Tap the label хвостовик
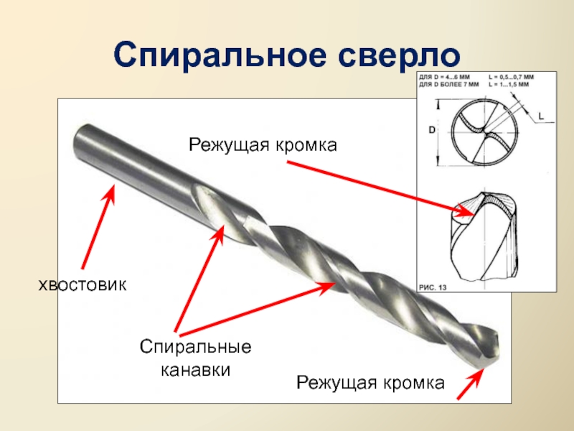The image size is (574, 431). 82,285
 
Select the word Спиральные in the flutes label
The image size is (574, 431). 196,347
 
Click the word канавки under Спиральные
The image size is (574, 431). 196,371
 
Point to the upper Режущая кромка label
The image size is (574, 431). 263,146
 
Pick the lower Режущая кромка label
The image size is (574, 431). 371,382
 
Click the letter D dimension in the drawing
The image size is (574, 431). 433,130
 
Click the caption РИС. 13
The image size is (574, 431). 433,287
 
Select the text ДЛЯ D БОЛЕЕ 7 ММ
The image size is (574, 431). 449,84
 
